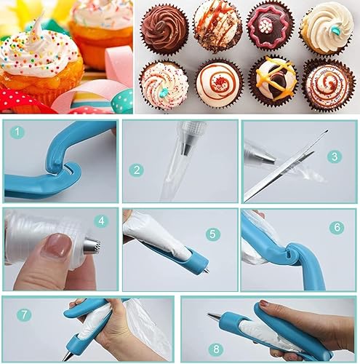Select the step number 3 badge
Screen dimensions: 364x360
(334, 156)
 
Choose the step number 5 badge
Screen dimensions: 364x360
(212, 234)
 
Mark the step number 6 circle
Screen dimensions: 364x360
(337, 226)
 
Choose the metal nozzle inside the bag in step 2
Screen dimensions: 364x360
(187, 146)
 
